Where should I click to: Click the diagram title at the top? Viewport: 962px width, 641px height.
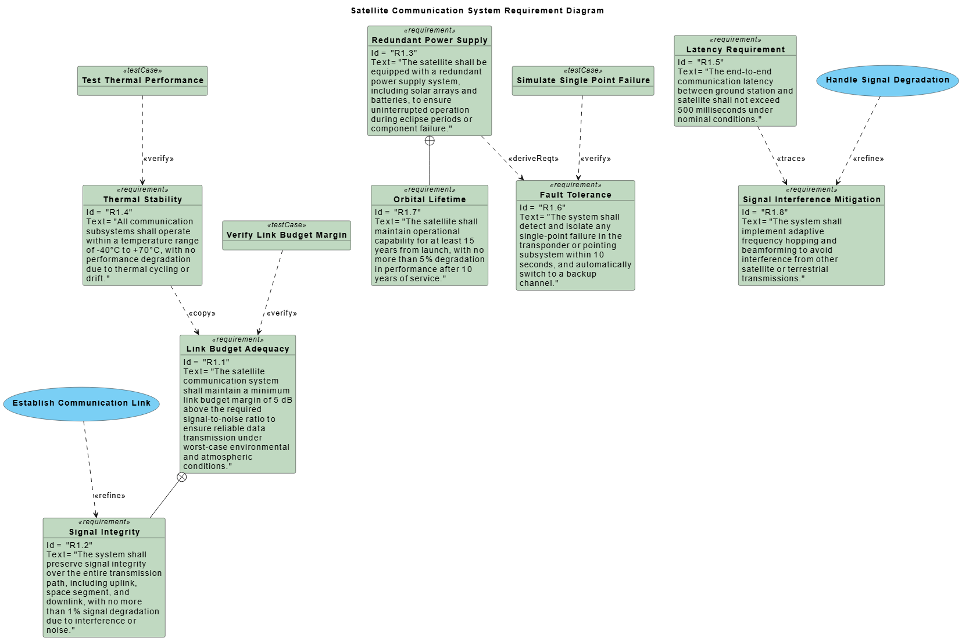click(477, 10)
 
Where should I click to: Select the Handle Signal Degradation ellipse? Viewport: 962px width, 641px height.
click(887, 80)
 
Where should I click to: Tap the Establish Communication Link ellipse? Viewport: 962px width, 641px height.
click(81, 403)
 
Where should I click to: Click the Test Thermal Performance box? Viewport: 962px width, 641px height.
click(142, 80)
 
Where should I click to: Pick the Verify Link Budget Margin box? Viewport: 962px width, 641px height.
click(287, 235)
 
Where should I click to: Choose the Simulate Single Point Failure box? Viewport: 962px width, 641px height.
click(583, 80)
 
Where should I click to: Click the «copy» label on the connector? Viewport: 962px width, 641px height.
click(202, 313)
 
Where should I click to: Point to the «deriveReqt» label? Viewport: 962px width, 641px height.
click(533, 159)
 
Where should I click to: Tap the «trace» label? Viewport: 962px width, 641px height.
click(791, 159)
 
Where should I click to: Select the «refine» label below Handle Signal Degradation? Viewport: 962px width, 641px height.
click(868, 159)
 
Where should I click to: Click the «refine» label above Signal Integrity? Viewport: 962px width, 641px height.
click(110, 496)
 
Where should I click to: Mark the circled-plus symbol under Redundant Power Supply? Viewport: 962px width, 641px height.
click(430, 141)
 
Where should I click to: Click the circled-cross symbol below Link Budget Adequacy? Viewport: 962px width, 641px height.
click(182, 477)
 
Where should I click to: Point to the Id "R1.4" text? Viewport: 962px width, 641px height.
click(109, 212)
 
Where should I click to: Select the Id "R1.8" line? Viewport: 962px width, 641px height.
click(764, 212)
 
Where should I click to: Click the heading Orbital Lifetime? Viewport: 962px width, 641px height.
click(430, 199)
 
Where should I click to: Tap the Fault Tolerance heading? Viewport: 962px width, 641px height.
click(575, 195)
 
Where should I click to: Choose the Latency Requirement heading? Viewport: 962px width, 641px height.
click(735, 49)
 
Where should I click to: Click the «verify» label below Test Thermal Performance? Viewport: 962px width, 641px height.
click(159, 159)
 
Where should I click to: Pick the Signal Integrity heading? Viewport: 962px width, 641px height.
click(104, 532)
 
